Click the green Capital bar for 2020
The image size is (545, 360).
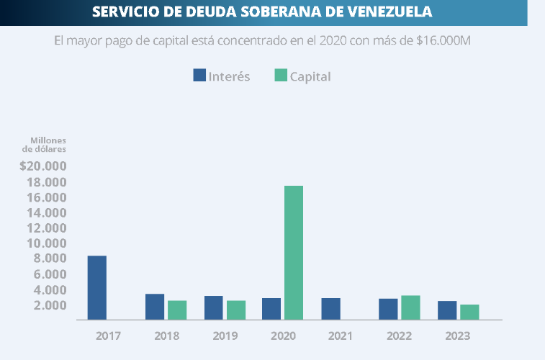[293, 252]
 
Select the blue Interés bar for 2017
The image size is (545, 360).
[97, 287]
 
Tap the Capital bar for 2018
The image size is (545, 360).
[177, 310]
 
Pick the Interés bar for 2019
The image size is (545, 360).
[213, 307]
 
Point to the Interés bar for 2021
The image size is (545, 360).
[330, 308]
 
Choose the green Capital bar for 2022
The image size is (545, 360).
[410, 307]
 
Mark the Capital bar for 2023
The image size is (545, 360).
[469, 312]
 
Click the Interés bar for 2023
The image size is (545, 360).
[447, 310]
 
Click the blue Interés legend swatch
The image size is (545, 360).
[199, 76]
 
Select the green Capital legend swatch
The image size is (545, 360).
[281, 76]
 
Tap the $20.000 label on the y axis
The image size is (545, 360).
[43, 166]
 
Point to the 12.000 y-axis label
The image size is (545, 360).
[48, 228]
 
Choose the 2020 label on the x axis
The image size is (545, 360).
[282, 336]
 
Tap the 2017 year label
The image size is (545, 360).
[108, 336]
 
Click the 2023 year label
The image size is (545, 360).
[457, 336]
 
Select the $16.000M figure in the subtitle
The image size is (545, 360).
[443, 40]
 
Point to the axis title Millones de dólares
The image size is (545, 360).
[45, 144]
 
